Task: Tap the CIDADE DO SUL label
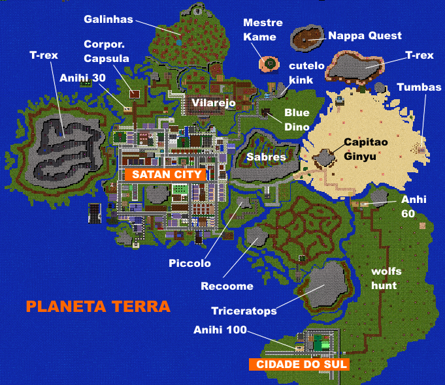[x=299, y=365]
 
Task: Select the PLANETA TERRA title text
[x=97, y=306]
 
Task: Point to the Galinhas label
[x=108, y=19]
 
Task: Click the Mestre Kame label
[x=259, y=30]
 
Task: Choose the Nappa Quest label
[x=365, y=35]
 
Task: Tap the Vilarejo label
[x=213, y=102]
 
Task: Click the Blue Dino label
[x=297, y=119]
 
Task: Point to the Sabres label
[x=266, y=157]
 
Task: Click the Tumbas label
[x=419, y=87]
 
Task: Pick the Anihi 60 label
[x=413, y=206]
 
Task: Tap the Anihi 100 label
[x=220, y=330]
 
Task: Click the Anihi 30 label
[x=83, y=78]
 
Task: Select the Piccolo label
[x=190, y=264]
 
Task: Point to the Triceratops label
[x=244, y=311]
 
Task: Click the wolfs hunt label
[x=386, y=278]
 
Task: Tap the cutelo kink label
[x=301, y=73]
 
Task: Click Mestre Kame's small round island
[x=269, y=63]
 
